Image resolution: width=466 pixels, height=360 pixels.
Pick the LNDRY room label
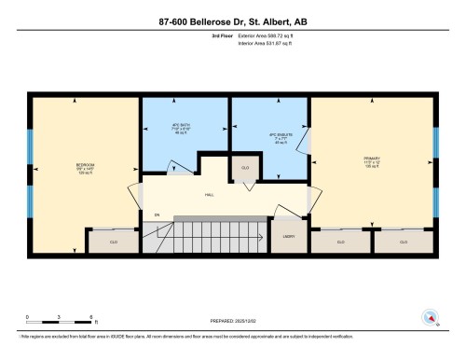pos(289,237)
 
